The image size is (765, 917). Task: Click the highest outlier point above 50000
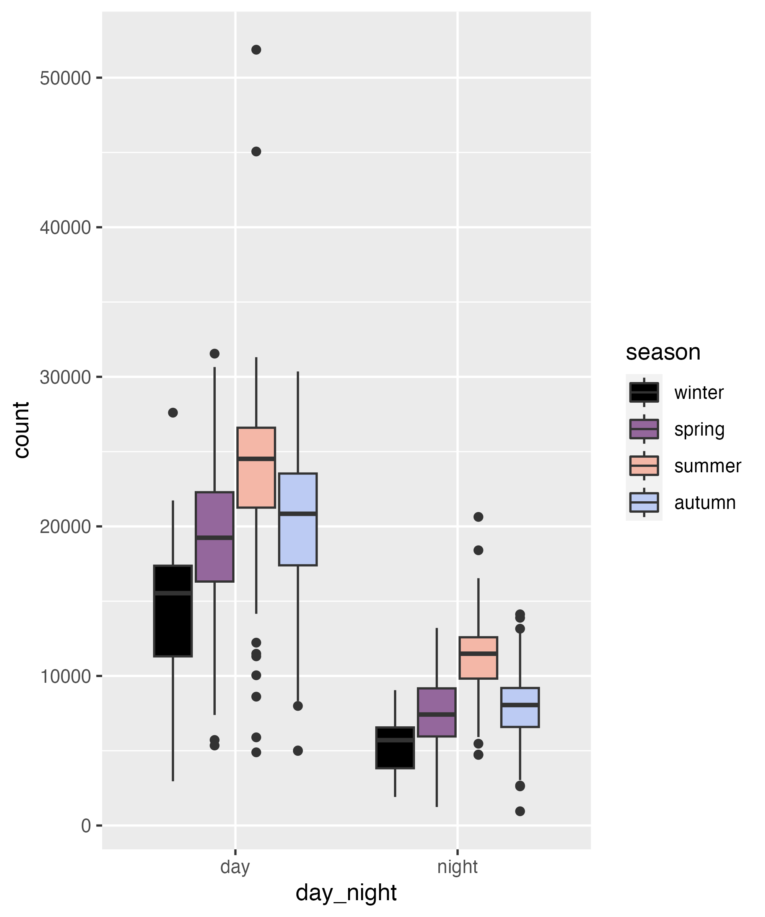tap(256, 50)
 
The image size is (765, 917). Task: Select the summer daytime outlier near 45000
tap(256, 152)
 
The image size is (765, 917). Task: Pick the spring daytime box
tap(215, 537)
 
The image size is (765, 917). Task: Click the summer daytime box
tap(256, 467)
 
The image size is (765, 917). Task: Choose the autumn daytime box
tap(298, 519)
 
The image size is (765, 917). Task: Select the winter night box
tap(395, 748)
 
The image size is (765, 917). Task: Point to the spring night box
tap(437, 712)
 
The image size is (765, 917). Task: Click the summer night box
tap(478, 658)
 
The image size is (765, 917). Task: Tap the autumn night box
tap(520, 707)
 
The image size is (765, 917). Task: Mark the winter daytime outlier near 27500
tap(173, 413)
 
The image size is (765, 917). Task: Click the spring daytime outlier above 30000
tap(215, 353)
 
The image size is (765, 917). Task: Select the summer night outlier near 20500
tap(478, 517)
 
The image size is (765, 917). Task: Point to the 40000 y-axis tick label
tap(65, 227)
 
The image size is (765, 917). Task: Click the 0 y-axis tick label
tap(86, 826)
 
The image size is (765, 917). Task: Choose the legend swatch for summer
tap(644, 466)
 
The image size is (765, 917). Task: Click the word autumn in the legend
tap(705, 502)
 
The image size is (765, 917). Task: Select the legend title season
tap(663, 352)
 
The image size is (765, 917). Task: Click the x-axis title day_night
tap(346, 893)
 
